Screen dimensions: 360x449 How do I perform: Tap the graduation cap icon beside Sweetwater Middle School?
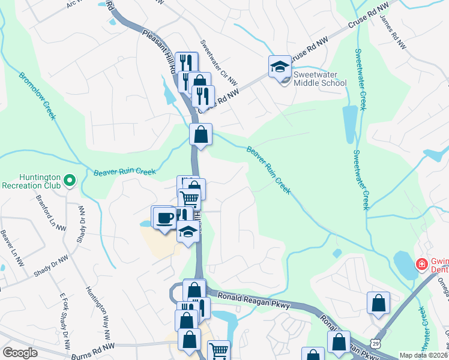(280, 67)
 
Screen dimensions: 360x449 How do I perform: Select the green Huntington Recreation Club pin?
(70, 179)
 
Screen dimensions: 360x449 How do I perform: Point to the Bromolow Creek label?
(37, 96)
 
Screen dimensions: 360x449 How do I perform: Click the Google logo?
(20, 353)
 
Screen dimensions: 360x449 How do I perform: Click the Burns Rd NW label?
(92, 346)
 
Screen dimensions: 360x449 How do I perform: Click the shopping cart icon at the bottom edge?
(218, 351)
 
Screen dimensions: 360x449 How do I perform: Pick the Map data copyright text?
(424, 355)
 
